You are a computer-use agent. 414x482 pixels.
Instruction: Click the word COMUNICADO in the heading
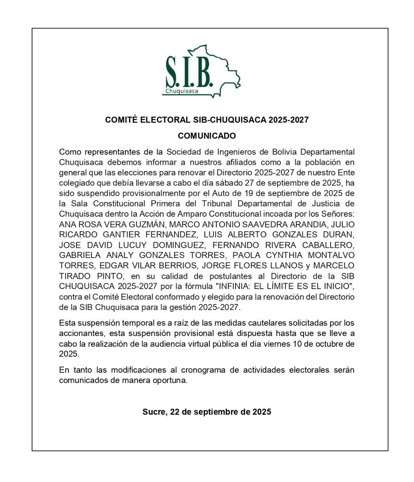(207, 136)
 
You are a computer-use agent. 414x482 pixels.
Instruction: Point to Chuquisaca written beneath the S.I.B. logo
(182, 91)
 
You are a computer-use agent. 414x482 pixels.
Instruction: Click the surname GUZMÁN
(144, 224)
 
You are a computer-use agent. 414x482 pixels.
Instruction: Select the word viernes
(276, 344)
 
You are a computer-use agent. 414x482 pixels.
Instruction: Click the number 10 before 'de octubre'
(297, 344)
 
